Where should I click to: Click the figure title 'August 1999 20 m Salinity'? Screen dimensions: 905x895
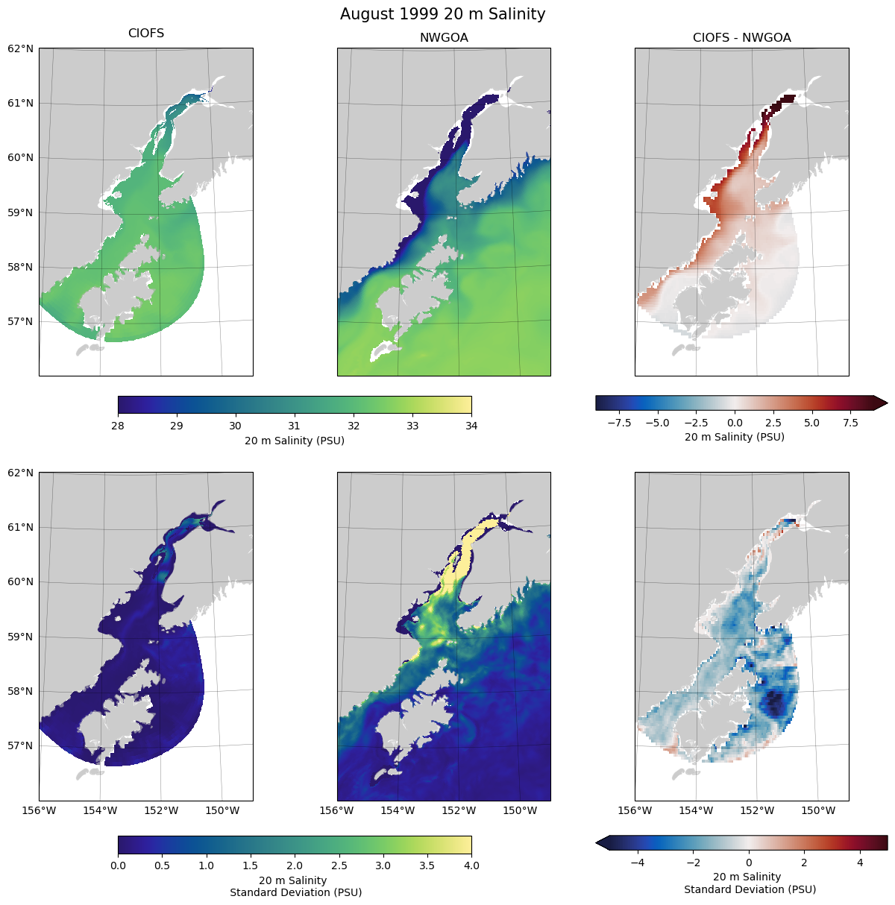point(442,14)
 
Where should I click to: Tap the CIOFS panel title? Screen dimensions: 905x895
point(146,34)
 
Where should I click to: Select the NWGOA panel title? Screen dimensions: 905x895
point(444,38)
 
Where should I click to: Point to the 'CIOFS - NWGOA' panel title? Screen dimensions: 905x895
point(741,38)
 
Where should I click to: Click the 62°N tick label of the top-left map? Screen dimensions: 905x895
point(21,48)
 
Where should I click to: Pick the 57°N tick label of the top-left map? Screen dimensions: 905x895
point(21,322)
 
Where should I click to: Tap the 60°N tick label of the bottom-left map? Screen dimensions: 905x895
point(21,582)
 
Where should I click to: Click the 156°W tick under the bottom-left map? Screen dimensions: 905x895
point(40,810)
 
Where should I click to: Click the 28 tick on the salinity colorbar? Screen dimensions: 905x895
point(118,426)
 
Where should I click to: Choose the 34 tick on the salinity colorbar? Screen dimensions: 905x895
point(471,426)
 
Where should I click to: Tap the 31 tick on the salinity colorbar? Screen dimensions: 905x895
point(295,426)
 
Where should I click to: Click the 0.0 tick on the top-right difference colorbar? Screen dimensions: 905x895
point(735,423)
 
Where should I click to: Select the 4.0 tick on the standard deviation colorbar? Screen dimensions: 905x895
point(471,865)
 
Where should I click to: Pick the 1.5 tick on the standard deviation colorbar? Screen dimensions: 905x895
point(251,865)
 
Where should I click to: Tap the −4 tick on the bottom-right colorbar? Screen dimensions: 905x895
point(638,863)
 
